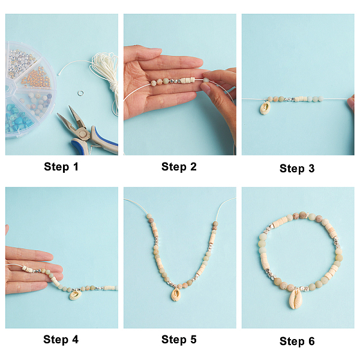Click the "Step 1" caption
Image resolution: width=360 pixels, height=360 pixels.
tap(61, 166)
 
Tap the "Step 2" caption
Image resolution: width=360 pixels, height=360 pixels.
tap(179, 166)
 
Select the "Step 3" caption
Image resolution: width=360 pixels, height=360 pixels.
tap(297, 168)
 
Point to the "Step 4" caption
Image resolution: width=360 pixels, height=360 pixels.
tap(61, 340)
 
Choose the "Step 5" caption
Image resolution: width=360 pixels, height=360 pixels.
tap(179, 340)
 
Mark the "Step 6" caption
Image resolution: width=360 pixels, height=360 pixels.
tap(297, 341)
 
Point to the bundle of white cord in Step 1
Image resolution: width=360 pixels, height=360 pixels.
tap(106, 73)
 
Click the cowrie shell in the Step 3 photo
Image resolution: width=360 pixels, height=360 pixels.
tap(265, 107)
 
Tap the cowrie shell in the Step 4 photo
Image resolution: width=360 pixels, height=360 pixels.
tap(75, 295)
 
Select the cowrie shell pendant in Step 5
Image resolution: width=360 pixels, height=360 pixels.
tap(176, 295)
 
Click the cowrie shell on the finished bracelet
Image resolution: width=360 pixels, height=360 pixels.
tap(295, 298)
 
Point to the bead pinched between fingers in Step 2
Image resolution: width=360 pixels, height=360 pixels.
tap(206, 80)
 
